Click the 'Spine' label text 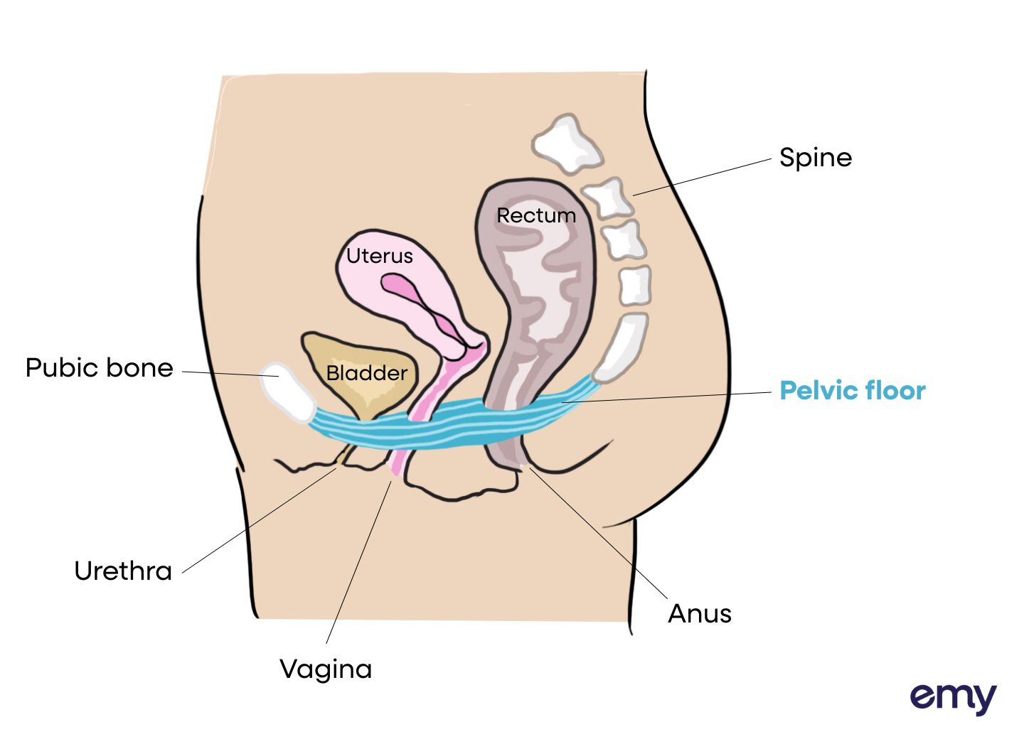(x=815, y=158)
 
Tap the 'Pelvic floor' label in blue (x=852, y=391)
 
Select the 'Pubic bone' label (x=99, y=368)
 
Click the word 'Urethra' (x=123, y=571)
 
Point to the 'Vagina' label (x=326, y=669)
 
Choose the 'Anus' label (x=699, y=614)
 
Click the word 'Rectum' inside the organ (x=536, y=215)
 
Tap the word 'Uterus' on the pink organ (x=379, y=256)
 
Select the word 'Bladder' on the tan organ (x=366, y=373)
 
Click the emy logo (x=953, y=698)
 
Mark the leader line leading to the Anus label (x=597, y=533)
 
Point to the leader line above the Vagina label (x=359, y=561)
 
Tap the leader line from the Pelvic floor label (x=668, y=397)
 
